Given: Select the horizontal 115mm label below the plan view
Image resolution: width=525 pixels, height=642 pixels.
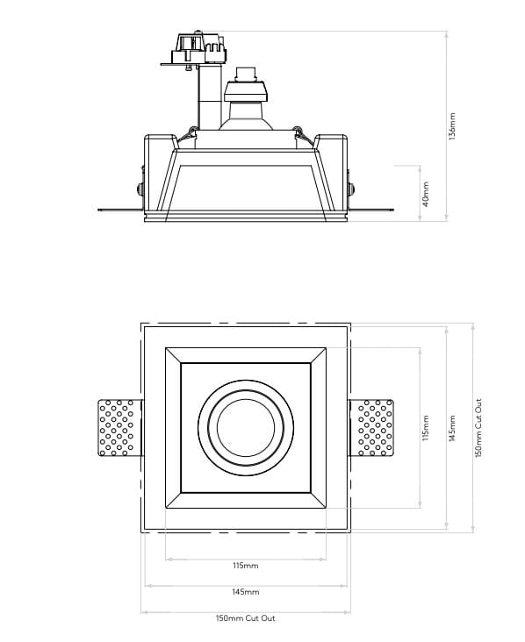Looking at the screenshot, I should pyautogui.click(x=246, y=567).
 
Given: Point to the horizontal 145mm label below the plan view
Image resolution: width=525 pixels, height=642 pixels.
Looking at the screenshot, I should pyautogui.click(x=246, y=592).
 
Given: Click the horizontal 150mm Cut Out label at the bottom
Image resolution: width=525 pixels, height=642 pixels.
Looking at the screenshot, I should pyautogui.click(x=246, y=618).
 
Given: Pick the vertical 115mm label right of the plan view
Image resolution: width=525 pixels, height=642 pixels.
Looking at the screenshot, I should pyautogui.click(x=426, y=428).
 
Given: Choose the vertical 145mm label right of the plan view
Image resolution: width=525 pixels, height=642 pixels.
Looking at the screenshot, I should pyautogui.click(x=452, y=428).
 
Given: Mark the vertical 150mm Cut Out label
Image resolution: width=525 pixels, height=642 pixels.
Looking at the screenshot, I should pyautogui.click(x=478, y=428).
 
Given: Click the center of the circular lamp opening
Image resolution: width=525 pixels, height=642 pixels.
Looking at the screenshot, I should pyautogui.click(x=246, y=428).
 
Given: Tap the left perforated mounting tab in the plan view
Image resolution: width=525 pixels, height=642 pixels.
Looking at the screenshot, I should pyautogui.click(x=118, y=428).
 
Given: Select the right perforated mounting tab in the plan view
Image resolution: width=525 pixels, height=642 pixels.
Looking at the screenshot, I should pyautogui.click(x=374, y=428).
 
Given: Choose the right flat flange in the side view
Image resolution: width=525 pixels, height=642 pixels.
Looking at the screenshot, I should pyautogui.click(x=372, y=210).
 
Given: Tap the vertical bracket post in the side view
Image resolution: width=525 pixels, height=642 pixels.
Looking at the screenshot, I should pyautogui.click(x=208, y=96).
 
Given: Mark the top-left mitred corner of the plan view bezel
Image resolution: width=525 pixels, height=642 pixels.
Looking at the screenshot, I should pyautogui.click(x=173, y=355).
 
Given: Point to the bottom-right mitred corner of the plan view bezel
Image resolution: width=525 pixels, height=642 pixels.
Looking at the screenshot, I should pyautogui.click(x=319, y=501).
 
